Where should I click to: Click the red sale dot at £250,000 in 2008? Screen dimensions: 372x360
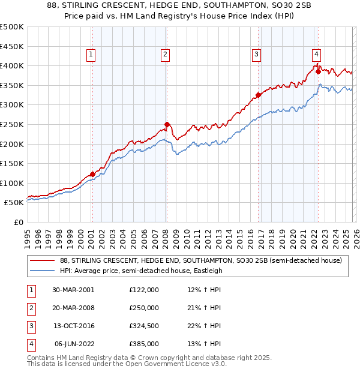pos(167,125)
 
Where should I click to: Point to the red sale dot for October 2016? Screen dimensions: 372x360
pos(258,95)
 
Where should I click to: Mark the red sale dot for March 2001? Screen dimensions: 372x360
pos(92,175)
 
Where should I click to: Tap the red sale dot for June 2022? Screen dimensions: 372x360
pos(318,71)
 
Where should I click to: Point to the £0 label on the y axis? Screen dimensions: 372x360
pos(17,222)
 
